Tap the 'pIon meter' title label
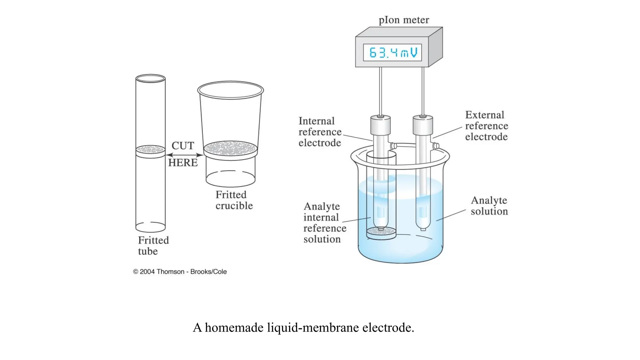coord(404,20)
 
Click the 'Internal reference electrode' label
coord(320,132)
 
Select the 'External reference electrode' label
coord(486,126)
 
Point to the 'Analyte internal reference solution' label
coord(324,223)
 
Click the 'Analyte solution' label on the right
coord(489,206)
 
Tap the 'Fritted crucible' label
coord(234,200)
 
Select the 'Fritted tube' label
coord(153,246)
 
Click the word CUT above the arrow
coord(183,146)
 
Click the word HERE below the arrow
coord(183,162)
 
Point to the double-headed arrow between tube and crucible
coord(184,155)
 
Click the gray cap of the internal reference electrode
coord(380,125)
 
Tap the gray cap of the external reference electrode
coord(422,125)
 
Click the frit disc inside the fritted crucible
coord(230,148)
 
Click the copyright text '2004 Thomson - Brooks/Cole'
coord(180,272)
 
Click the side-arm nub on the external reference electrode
coord(436,146)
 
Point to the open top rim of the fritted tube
coord(150,78)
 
